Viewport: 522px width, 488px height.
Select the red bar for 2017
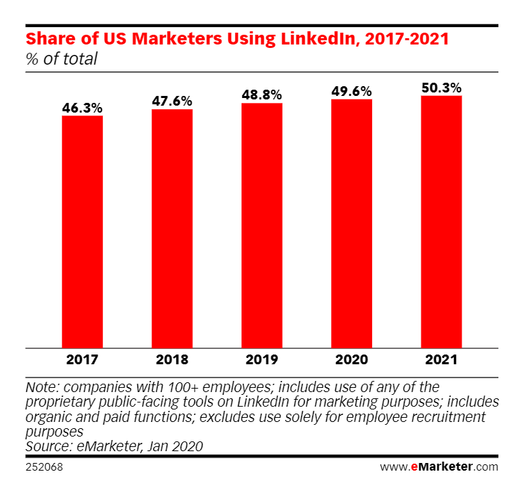click(x=83, y=231)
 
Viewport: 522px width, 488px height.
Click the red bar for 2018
click(x=172, y=228)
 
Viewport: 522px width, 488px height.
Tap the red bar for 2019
click(x=262, y=225)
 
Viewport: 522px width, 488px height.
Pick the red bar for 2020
click(x=351, y=223)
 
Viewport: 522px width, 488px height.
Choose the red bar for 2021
click(x=441, y=221)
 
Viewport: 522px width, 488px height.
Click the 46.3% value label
click(x=83, y=108)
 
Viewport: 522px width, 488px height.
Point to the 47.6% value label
click(x=172, y=101)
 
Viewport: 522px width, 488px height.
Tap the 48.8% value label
click(x=262, y=95)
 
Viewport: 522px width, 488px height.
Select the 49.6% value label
click(x=351, y=92)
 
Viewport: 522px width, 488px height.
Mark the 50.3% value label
click(x=441, y=88)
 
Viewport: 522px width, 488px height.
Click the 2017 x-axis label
click(x=83, y=360)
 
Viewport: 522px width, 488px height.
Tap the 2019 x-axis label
click(x=262, y=360)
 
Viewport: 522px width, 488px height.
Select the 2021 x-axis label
click(x=441, y=360)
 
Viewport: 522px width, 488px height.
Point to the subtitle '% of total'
click(x=61, y=59)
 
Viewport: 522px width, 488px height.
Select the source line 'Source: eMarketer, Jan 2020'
click(x=114, y=446)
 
